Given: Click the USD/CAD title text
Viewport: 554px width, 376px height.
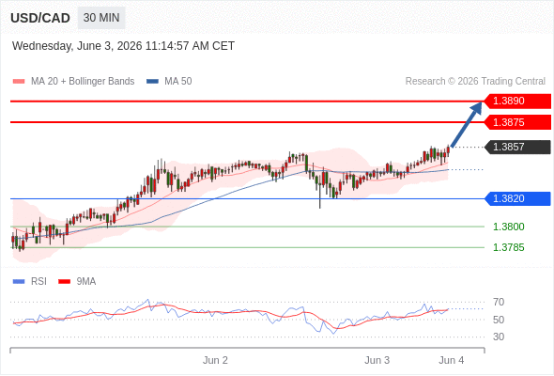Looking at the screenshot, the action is [x=40, y=18].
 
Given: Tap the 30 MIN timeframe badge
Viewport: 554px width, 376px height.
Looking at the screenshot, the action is [x=101, y=18].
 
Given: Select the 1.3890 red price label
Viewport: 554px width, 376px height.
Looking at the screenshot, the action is [x=517, y=101].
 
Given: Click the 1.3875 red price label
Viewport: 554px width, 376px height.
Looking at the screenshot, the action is [x=517, y=122].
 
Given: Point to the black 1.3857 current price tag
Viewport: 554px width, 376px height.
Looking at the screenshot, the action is [x=517, y=147].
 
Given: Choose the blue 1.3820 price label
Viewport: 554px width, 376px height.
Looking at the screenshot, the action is [x=517, y=198].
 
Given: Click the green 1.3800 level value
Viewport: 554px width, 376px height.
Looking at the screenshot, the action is [x=508, y=227].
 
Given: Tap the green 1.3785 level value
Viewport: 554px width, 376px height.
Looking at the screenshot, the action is [x=508, y=247].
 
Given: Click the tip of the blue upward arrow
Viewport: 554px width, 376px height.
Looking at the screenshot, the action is [x=481, y=102].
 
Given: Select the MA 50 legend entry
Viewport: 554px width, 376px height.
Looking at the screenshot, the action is [x=169, y=82].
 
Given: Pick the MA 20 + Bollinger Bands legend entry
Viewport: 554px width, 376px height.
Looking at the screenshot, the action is [x=73, y=82].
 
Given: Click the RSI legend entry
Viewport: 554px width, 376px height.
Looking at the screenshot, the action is [x=29, y=282].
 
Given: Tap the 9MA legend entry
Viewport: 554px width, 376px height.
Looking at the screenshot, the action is [x=77, y=282].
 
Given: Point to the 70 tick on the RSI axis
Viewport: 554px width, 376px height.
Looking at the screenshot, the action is [x=499, y=302].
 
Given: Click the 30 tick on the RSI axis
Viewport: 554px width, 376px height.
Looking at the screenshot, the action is [x=499, y=337].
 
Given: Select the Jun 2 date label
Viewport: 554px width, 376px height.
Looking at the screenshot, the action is [x=215, y=360].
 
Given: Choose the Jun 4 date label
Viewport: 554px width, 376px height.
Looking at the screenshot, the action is [x=452, y=360].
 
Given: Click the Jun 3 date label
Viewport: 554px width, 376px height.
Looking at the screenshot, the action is [x=377, y=360].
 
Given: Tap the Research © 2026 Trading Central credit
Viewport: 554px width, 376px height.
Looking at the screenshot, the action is [x=475, y=82].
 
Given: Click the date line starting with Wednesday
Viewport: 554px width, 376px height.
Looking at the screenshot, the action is [x=123, y=46].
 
